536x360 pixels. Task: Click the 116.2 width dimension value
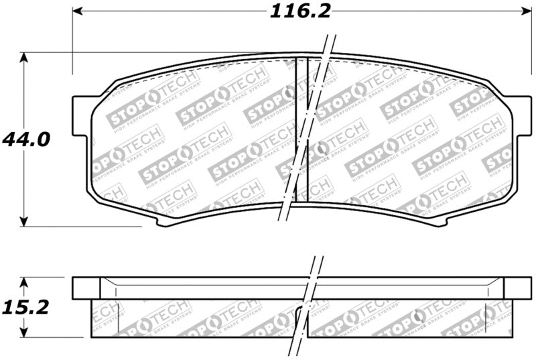click(301, 11)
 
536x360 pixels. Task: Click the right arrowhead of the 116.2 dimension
click(526, 11)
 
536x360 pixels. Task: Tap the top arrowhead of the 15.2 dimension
click(25, 281)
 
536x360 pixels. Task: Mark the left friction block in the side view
click(194, 318)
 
